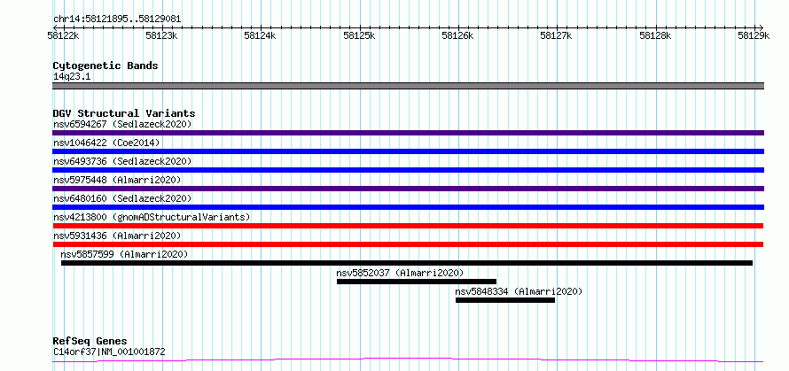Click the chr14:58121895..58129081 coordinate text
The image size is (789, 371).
click(117, 19)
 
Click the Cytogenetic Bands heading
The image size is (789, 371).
click(105, 66)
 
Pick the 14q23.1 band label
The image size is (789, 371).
click(72, 77)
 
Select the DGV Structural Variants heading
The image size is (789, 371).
click(124, 113)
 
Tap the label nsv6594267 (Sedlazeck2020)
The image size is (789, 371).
click(122, 124)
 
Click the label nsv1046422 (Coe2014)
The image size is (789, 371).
click(106, 143)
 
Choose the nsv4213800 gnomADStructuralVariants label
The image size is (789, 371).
click(152, 217)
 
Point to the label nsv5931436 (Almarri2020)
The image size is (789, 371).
click(117, 236)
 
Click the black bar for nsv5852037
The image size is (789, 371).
click(417, 282)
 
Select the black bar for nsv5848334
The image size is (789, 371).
click(505, 300)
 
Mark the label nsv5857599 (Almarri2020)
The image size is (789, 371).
click(124, 254)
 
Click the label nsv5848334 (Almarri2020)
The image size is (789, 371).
click(519, 291)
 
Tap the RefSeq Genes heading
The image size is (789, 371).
click(90, 342)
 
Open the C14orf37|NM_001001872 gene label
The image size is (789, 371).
click(109, 352)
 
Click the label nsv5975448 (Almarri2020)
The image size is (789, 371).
click(117, 180)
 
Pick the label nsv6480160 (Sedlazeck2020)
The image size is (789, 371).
click(122, 198)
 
